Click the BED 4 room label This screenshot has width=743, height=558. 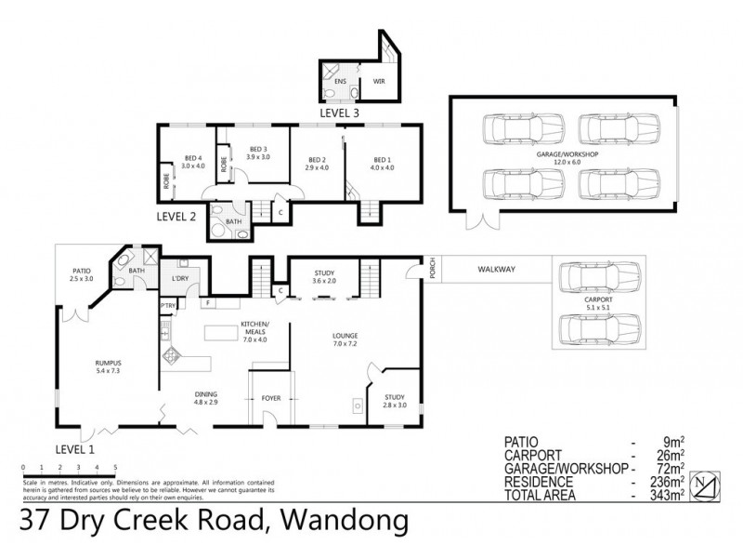click(192, 162)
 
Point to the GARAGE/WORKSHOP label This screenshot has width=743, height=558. click(564, 155)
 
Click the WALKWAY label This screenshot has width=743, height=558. click(497, 270)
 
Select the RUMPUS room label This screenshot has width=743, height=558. click(108, 365)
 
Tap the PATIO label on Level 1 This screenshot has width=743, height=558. click(81, 273)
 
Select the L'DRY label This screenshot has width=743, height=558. click(181, 278)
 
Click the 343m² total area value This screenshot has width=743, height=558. click(668, 494)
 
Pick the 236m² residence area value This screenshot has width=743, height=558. click(668, 482)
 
